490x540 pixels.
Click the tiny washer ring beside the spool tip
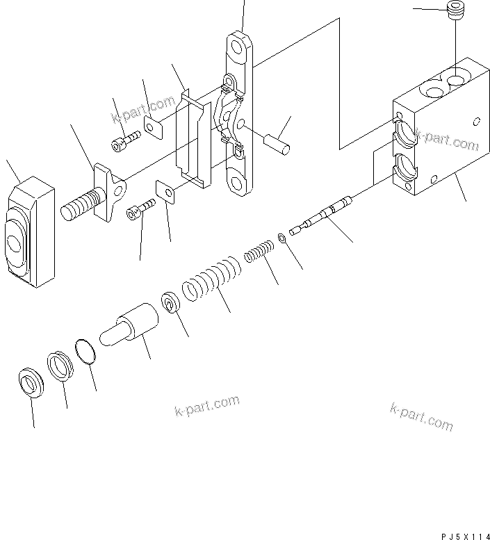click(x=282, y=238)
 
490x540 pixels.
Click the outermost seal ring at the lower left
click(x=30, y=381)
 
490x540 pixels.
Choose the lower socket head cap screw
click(x=140, y=211)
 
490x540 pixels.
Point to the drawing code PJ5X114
click(x=465, y=535)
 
